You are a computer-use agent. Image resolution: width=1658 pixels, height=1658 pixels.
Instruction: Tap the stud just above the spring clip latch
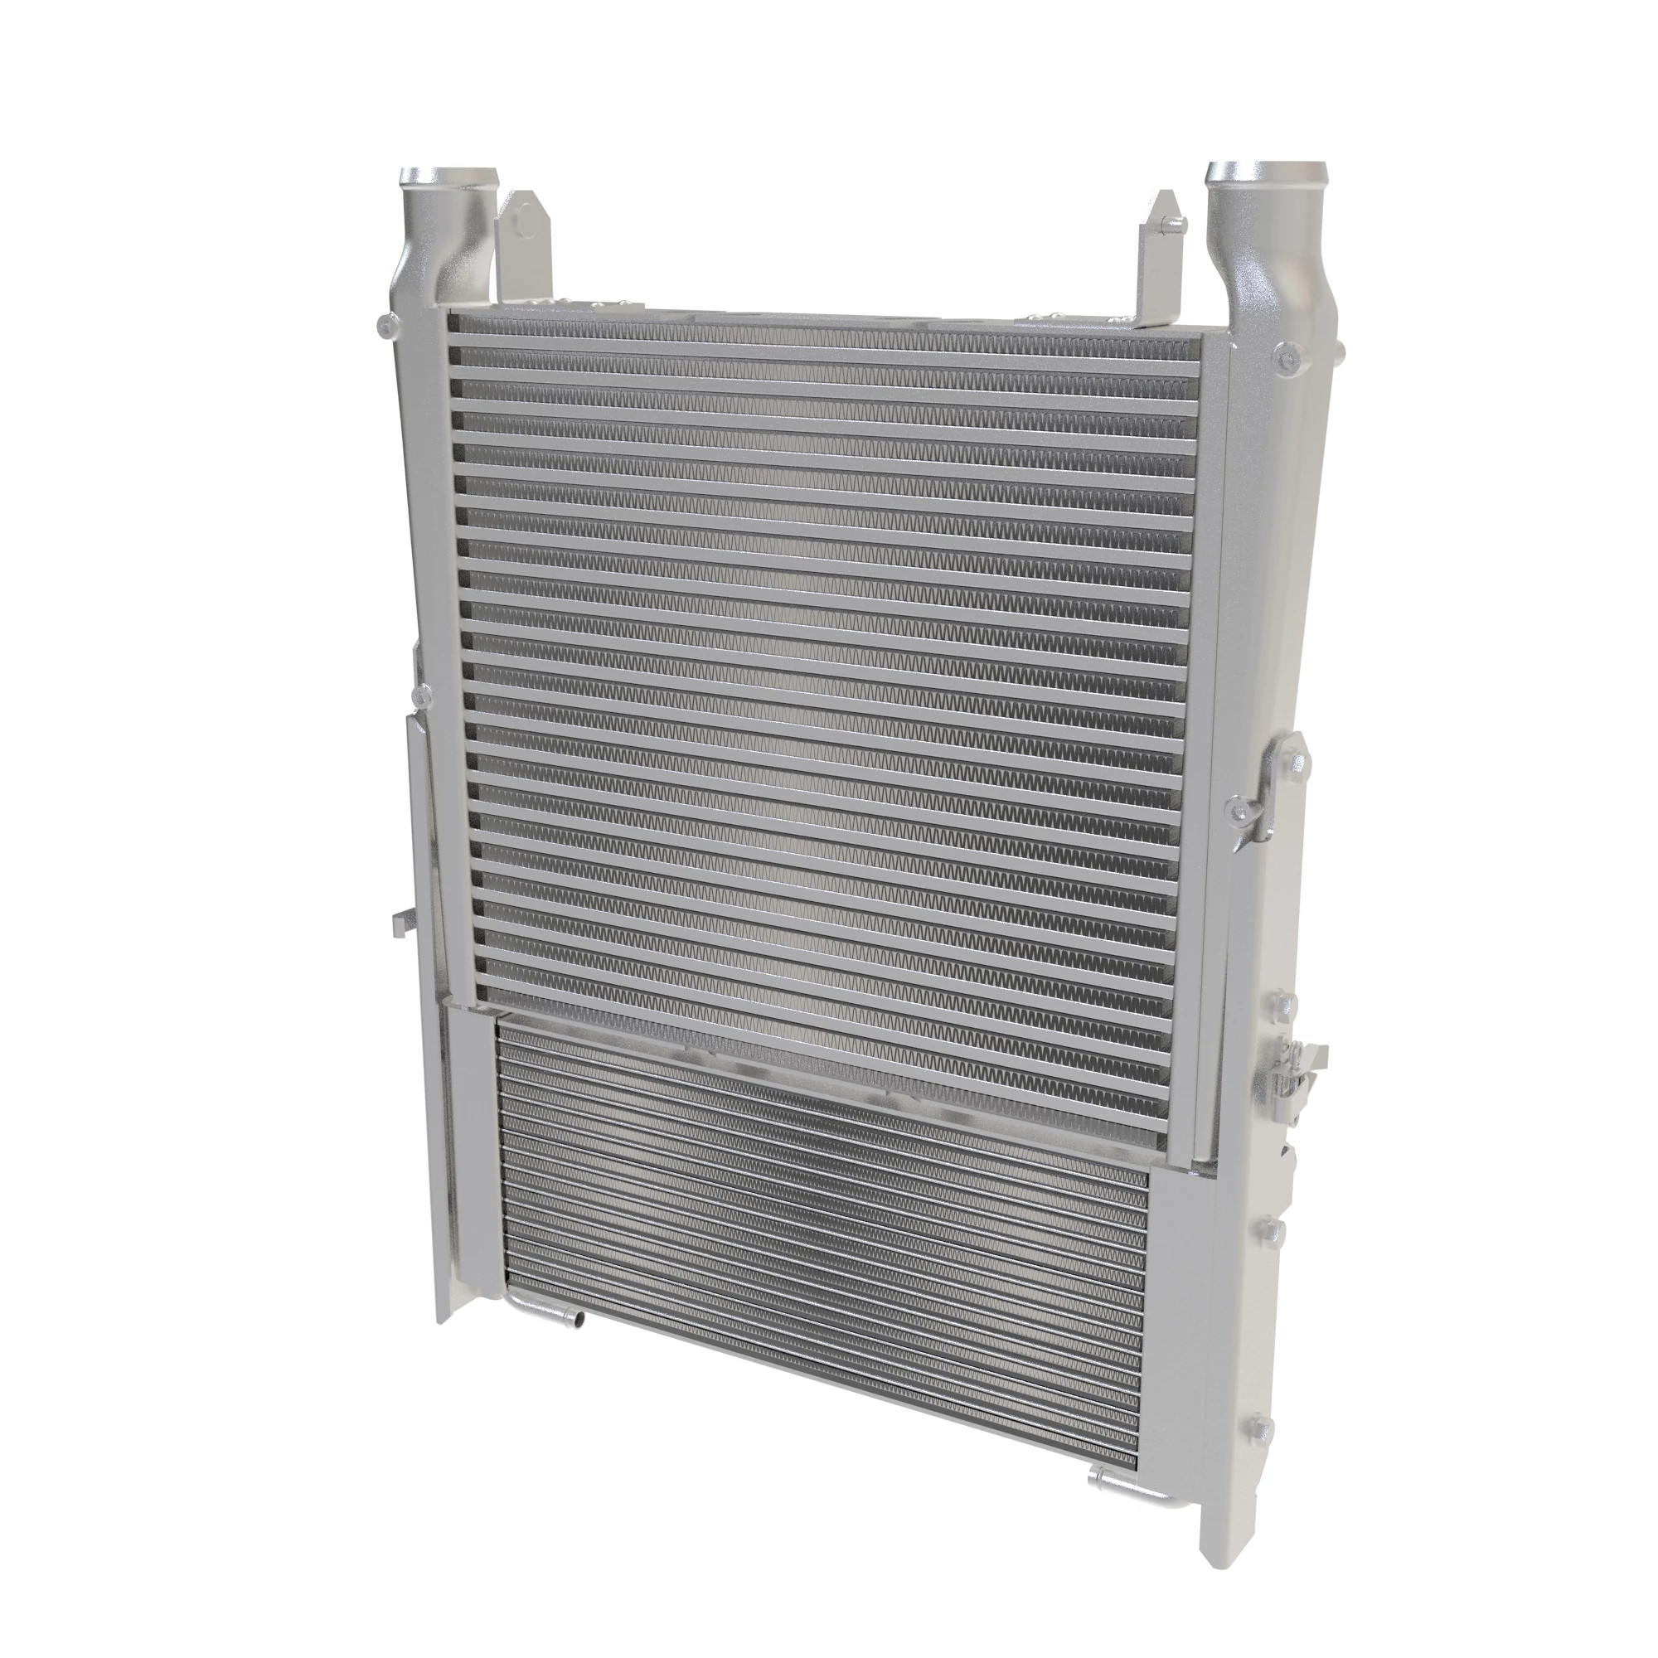[1276, 1004]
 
